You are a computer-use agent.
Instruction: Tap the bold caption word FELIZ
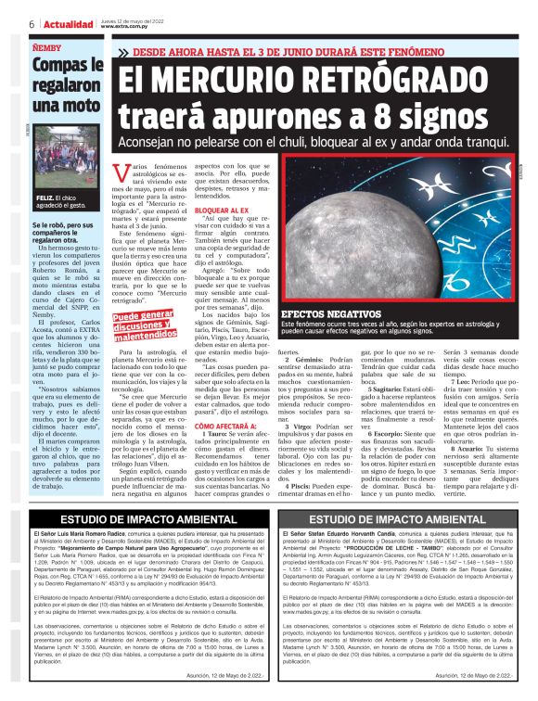click(45, 198)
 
